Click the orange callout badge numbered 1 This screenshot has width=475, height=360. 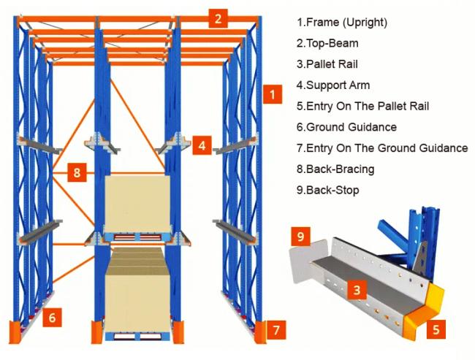[x=272, y=94]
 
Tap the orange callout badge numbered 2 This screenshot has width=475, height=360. [x=217, y=18]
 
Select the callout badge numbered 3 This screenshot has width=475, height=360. [x=357, y=290]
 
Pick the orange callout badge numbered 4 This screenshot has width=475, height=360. [x=202, y=145]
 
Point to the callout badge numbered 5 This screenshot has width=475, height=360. [x=436, y=329]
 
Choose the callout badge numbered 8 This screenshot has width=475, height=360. [x=77, y=172]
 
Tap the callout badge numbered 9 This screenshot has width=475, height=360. [x=300, y=237]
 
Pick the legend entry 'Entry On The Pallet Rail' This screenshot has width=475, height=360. [x=363, y=106]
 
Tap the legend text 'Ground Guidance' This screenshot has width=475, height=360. [x=346, y=127]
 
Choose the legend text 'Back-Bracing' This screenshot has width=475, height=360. [x=335, y=169]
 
